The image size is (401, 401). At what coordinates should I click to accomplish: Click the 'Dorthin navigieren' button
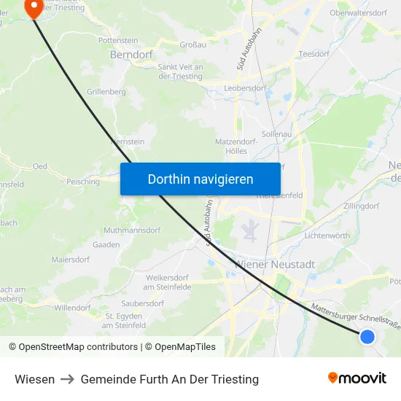pyautogui.click(x=200, y=179)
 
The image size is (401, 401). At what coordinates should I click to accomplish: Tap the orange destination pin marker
pyautogui.click(x=34, y=7)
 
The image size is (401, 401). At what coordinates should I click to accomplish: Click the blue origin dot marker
pyautogui.click(x=367, y=336)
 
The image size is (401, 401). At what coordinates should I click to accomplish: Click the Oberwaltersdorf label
pyautogui.click(x=358, y=12)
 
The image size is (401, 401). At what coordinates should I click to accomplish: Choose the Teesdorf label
pyautogui.click(x=314, y=53)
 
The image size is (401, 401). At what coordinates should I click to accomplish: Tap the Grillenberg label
pyautogui.click(x=106, y=92)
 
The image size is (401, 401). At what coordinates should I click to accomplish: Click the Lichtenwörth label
pyautogui.click(x=327, y=235)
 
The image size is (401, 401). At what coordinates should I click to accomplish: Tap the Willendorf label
pyautogui.click(x=71, y=308)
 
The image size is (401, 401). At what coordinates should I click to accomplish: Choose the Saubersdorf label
pyautogui.click(x=143, y=303)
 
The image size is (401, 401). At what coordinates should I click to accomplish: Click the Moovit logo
pyautogui.click(x=357, y=378)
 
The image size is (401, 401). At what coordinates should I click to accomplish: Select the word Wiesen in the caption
pyautogui.click(x=34, y=379)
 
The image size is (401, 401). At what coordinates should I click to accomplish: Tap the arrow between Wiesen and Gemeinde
pyautogui.click(x=67, y=379)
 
